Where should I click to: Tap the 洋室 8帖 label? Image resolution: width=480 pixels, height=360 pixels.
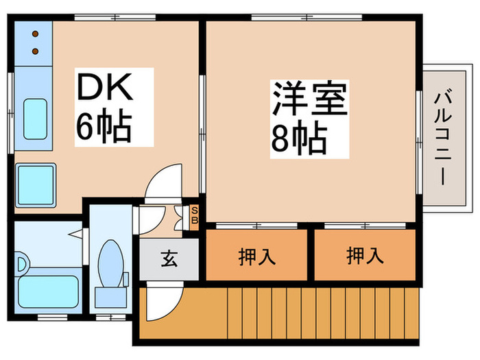click(308, 119)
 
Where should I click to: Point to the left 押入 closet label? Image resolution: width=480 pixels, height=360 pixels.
click(257, 256)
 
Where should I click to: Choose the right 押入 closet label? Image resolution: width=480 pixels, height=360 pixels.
click(365, 256)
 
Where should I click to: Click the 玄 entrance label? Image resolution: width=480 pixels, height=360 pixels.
click(169, 261)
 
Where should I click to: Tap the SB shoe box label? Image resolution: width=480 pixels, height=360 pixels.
click(194, 215)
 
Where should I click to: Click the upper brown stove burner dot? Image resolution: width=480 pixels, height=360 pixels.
click(36, 33)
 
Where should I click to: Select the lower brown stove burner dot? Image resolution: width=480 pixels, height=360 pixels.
click(36, 50)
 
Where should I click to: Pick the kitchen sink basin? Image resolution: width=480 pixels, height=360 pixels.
click(36, 119)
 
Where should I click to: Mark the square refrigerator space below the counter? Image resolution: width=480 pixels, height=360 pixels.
click(35, 183)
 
